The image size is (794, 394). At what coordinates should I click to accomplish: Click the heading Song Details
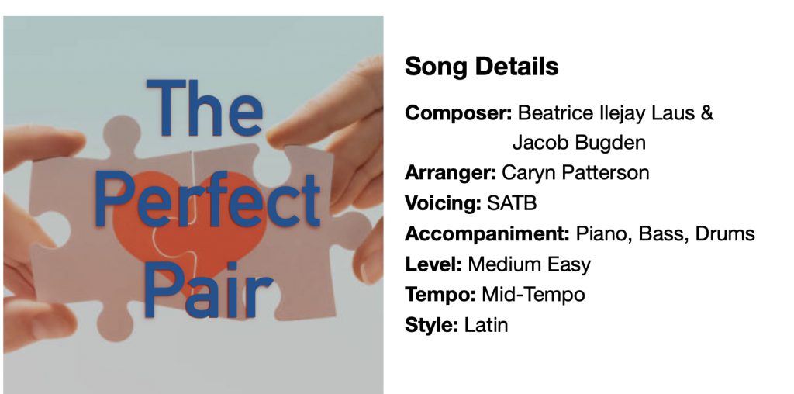coord(482,67)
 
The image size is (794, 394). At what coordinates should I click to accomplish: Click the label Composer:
coord(459,113)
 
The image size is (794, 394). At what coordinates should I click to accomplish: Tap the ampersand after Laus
coord(707,112)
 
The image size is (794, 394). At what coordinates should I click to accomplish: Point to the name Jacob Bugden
coord(578,143)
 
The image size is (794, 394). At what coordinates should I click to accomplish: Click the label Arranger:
coord(451,173)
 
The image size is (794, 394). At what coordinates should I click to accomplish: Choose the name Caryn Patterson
coord(575,173)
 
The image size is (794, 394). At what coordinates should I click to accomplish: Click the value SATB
coord(512,203)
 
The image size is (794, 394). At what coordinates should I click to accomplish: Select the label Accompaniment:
coord(488,234)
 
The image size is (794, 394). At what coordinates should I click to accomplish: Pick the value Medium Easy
coord(529,264)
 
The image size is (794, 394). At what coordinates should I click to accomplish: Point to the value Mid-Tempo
coord(533,294)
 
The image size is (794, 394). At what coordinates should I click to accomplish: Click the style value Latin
coord(486,325)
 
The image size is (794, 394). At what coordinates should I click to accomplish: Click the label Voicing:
coord(443,203)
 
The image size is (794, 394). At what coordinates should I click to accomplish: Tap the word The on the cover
coord(205,108)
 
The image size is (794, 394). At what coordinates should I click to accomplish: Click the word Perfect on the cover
coord(207,200)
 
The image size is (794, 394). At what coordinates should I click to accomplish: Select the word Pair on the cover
coord(209,290)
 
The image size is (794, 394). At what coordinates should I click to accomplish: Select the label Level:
coord(433,264)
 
